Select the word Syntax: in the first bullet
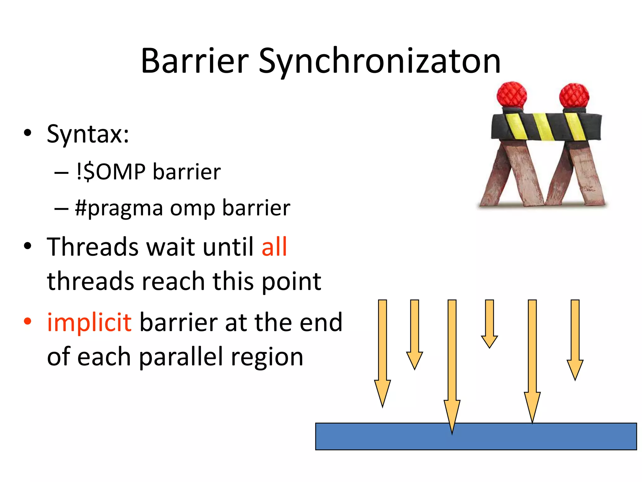tap(88, 134)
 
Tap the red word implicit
tap(89, 322)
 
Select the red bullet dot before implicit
tap(28, 321)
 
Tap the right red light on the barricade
tap(574, 96)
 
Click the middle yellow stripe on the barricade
tap(544, 127)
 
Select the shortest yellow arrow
tap(489, 323)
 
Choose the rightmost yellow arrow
tap(575, 339)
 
